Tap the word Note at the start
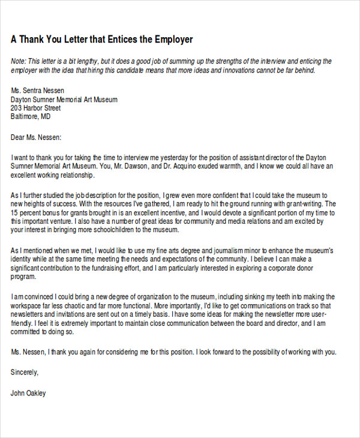[x=19, y=61]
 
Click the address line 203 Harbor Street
[x=36, y=109]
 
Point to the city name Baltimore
[x=27, y=118]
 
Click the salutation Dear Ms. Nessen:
[x=36, y=137]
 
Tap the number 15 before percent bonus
[x=14, y=212]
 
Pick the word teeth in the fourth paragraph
[x=280, y=296]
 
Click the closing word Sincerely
[x=25, y=372]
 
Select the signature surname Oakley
[x=35, y=394]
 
